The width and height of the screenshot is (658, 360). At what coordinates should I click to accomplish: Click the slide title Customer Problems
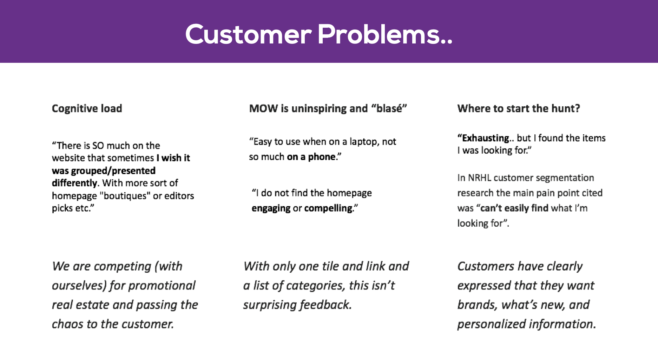[x=318, y=34]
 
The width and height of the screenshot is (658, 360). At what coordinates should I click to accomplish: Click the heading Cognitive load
[x=87, y=108]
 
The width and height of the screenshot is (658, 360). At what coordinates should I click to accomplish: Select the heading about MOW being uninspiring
[x=328, y=108]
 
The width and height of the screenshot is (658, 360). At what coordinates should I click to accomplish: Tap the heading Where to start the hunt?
[x=518, y=108]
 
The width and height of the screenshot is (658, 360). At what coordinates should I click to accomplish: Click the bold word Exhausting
[x=485, y=138]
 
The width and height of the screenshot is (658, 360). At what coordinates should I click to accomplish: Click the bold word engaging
[x=271, y=208]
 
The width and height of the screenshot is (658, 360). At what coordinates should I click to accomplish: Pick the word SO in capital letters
[x=98, y=146]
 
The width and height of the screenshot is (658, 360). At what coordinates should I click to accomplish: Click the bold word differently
[x=74, y=183]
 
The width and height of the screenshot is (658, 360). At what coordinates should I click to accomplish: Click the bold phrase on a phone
[x=311, y=157]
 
